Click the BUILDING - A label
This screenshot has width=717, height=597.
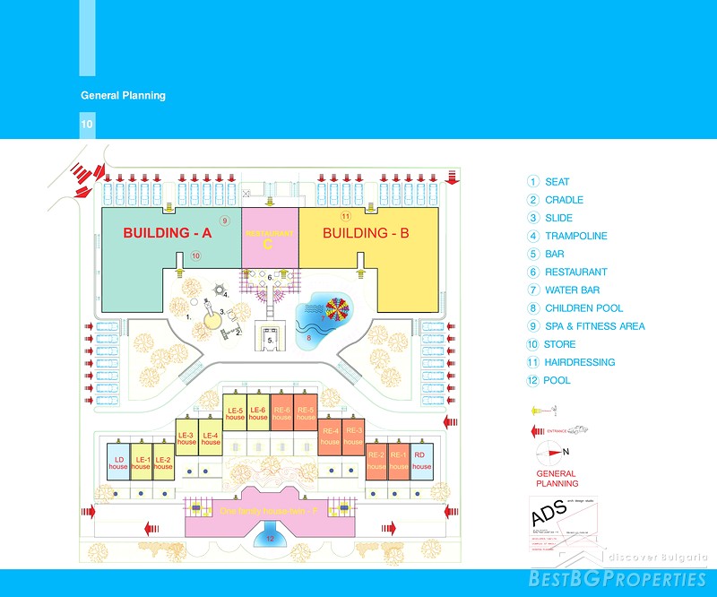click(x=167, y=233)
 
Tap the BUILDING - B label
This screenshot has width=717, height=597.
click(x=366, y=233)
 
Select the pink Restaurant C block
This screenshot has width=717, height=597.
click(x=269, y=238)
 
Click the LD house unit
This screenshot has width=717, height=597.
click(x=118, y=462)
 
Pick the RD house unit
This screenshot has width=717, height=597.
click(x=421, y=462)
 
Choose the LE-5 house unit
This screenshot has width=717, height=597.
click(x=235, y=412)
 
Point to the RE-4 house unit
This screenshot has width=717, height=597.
click(x=330, y=436)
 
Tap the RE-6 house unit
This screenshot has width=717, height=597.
click(x=281, y=412)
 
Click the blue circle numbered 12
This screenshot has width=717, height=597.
click(x=271, y=539)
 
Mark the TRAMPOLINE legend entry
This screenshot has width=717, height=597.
click(x=574, y=236)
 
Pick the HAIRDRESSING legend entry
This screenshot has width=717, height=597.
click(x=579, y=362)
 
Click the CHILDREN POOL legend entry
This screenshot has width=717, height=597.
click(x=583, y=308)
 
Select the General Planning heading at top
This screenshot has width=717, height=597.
click(x=123, y=95)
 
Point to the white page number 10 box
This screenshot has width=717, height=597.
click(x=87, y=125)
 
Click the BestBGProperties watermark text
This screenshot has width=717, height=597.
click(x=618, y=578)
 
